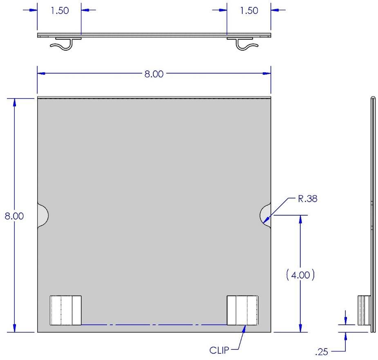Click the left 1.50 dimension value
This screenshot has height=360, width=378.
pos(60,11)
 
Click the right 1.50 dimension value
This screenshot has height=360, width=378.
pos(249,11)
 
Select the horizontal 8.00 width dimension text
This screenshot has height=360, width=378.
pos(154,74)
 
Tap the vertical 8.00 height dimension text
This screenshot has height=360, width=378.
pos(14,216)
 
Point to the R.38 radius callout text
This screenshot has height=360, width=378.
pos(308,198)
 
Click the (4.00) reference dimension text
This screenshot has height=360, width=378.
pos(300,275)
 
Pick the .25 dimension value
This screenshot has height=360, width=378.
pos(322,352)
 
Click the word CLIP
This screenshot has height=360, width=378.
pos(219,350)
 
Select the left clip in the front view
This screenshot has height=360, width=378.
pos(65,310)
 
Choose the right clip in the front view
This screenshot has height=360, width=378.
pos(242,310)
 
